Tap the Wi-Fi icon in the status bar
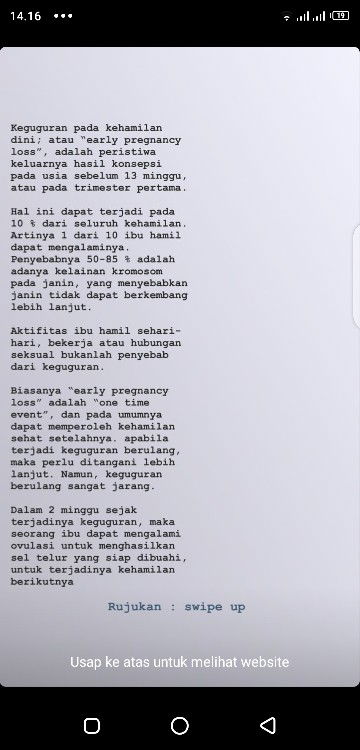(x=288, y=16)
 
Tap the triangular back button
(x=268, y=725)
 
